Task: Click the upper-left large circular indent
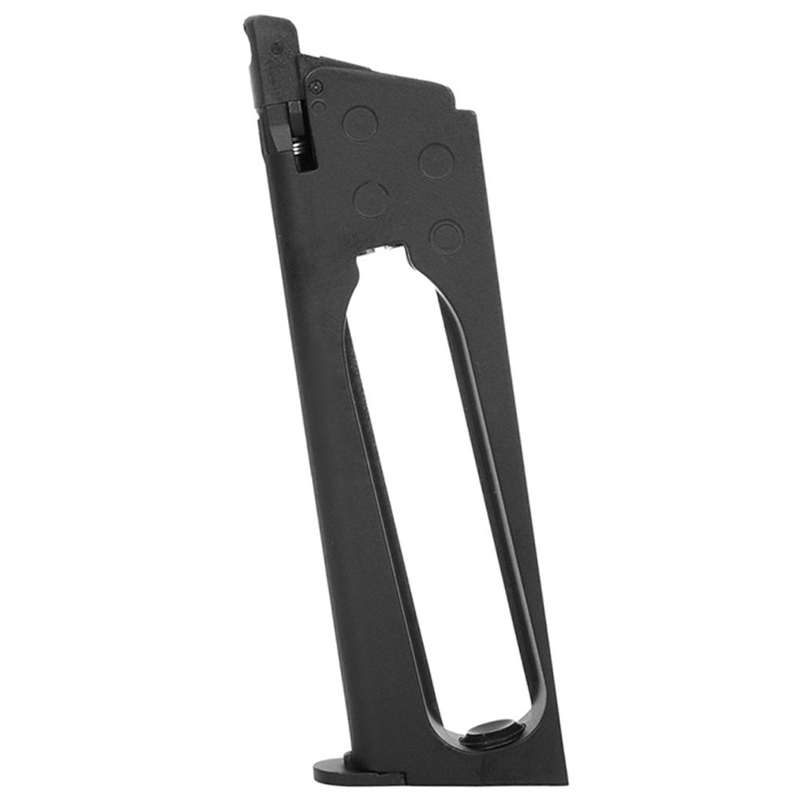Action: click(360, 124)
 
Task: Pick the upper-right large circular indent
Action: click(437, 160)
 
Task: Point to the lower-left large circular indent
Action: click(371, 199)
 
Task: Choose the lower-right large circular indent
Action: click(446, 236)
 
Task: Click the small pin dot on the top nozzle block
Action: click(277, 49)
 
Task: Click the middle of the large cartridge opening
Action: click(435, 495)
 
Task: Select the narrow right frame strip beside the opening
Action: click(519, 511)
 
